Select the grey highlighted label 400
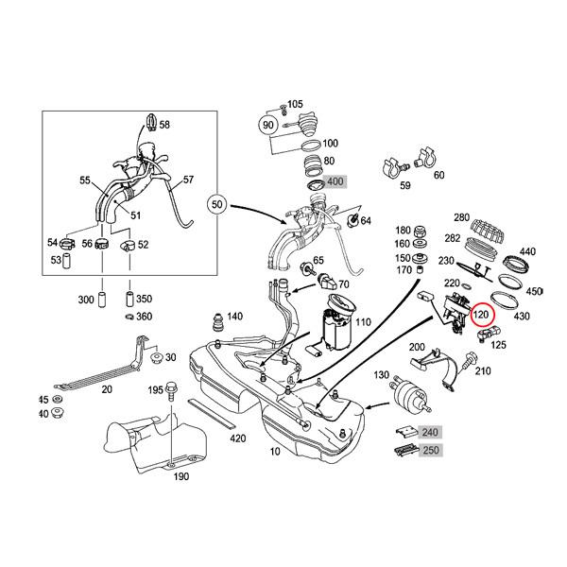[x=335, y=180]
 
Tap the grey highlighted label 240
[x=430, y=433]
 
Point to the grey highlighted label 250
[x=430, y=452]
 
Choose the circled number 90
[x=267, y=125]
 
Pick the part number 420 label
[x=238, y=438]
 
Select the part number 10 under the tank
[x=276, y=453]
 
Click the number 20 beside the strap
[x=107, y=389]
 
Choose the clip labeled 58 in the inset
[x=150, y=123]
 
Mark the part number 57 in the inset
[x=187, y=179]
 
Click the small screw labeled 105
[x=283, y=105]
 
